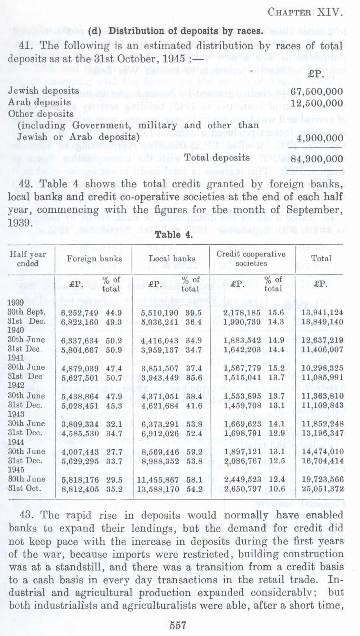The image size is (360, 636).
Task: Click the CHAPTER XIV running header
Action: click(304, 12)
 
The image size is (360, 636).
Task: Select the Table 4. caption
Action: click(174, 235)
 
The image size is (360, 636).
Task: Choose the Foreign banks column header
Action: click(94, 258)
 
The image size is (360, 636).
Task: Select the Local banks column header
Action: click(172, 258)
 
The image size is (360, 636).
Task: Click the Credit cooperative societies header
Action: click(251, 258)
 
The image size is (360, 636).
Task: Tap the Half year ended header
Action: click(28, 258)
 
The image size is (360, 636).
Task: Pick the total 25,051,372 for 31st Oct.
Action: click(322, 489)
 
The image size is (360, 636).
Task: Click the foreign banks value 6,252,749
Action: click(80, 312)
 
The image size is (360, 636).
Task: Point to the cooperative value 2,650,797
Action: click(242, 489)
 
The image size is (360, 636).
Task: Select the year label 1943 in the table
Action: click(16, 414)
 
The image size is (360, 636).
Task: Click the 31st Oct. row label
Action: click(24, 489)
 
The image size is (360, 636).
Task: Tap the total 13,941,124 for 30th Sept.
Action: click(322, 312)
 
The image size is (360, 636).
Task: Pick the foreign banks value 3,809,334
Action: click(80, 424)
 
